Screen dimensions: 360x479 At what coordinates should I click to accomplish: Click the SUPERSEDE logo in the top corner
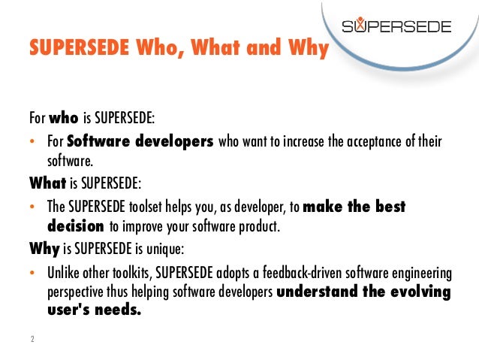397,27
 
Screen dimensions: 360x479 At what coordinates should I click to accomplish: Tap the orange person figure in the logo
365,26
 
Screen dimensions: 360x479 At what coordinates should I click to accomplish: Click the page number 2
32,340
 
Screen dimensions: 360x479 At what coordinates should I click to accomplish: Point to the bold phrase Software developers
140,141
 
